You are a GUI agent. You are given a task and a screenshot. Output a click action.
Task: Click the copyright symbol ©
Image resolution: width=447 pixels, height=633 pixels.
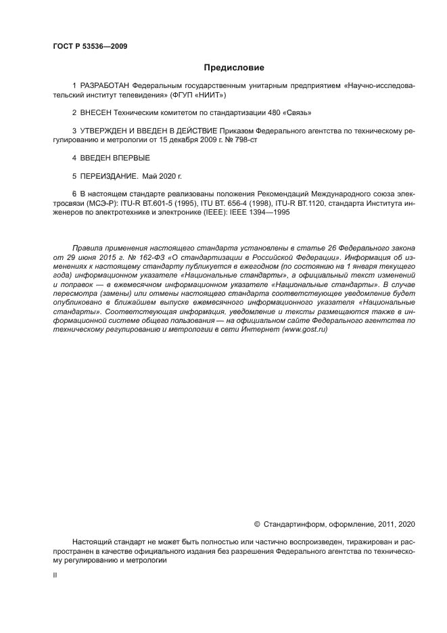pyautogui.click(x=256, y=524)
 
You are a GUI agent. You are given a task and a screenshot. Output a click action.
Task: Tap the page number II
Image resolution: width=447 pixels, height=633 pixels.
pyautogui.click(x=55, y=575)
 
